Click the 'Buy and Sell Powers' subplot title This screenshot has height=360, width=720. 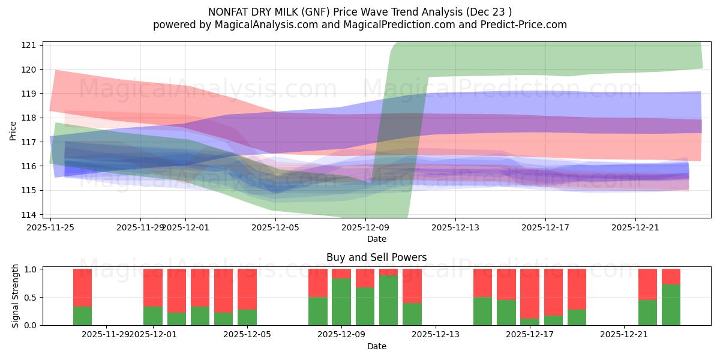pos(376,257)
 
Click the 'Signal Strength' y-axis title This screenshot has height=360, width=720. pos(16,296)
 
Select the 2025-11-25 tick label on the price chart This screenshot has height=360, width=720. pos(50,227)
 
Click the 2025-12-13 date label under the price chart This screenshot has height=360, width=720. pos(455,227)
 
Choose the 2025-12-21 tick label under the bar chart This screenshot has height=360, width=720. pos(625,335)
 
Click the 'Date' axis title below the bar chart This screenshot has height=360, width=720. pos(376,346)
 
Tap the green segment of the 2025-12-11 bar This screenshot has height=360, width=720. pos(388,300)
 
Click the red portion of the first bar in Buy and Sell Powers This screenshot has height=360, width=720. pos(82,287)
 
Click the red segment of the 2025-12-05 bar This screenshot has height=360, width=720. pos(247,289)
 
